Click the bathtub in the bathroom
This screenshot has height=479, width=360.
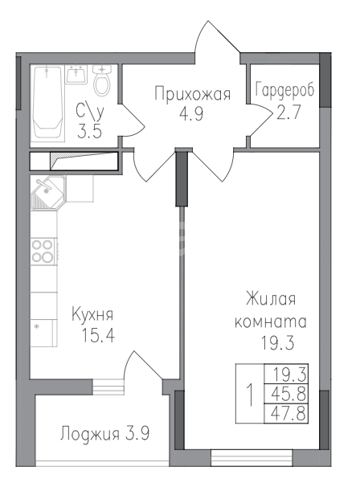[49, 102]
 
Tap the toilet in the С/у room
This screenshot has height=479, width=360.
[102, 80]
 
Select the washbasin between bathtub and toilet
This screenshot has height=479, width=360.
[76, 74]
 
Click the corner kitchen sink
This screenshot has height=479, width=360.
[48, 193]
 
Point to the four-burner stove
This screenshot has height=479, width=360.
[43, 251]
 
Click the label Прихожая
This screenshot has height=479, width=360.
[192, 94]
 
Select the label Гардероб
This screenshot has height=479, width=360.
[284, 90]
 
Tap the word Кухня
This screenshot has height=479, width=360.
[92, 314]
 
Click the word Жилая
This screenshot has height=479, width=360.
[271, 298]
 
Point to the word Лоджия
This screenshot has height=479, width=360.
[90, 434]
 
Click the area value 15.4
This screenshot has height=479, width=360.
[98, 335]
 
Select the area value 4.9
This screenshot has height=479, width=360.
[191, 115]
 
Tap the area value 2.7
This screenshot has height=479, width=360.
[288, 112]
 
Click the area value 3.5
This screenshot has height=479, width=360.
[89, 132]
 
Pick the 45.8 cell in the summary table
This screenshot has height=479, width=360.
[286, 394]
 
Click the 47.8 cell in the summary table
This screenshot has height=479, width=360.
[286, 414]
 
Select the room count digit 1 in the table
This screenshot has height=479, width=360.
[251, 395]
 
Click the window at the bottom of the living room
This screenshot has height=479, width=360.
[252, 457]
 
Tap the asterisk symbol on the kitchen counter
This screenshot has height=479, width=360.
[37, 327]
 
